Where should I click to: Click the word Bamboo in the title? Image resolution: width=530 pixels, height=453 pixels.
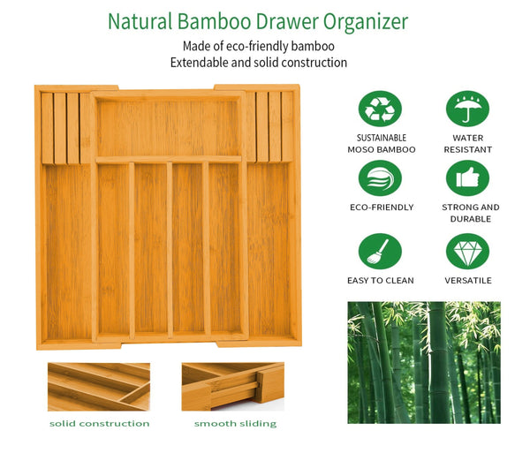coord(216,21)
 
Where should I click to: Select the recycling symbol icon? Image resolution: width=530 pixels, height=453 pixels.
coord(380,109)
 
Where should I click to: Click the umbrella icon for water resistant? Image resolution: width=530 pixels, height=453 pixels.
coord(467,109)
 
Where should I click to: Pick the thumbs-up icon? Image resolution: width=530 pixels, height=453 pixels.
coord(467,178)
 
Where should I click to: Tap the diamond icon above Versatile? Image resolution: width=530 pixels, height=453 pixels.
coord(467,251)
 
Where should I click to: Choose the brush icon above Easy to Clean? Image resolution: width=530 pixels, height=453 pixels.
coord(380,251)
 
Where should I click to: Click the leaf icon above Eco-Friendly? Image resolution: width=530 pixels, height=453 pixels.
coord(380,178)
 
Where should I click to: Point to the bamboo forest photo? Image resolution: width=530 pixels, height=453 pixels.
coord(424,362)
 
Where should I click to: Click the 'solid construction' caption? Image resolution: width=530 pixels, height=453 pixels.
coord(99,424)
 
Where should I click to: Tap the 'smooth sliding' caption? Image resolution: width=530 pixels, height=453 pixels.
coord(235,424)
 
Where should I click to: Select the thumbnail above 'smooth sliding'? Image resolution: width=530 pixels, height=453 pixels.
coord(233,387)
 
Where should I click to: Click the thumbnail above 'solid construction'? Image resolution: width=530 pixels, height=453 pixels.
coord(99,387)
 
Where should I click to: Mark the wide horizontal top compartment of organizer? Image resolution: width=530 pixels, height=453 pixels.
coord(168,125)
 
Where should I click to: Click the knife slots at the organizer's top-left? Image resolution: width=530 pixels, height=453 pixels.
coord(65,127)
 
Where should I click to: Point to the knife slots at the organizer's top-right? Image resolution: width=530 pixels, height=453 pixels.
coord(269,127)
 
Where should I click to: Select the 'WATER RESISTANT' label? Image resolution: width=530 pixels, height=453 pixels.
coord(467,144)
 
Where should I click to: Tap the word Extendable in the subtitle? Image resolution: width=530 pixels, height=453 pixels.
coord(202,63)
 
